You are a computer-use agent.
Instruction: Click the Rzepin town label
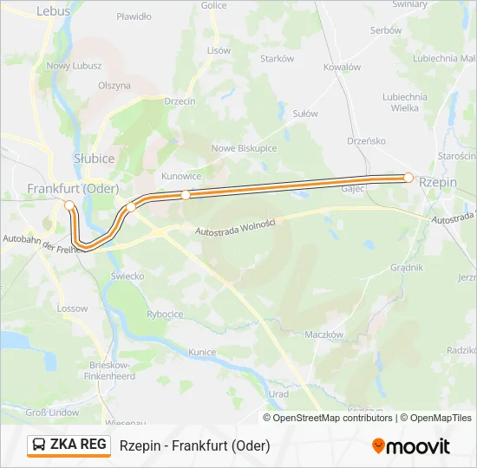(x=436, y=183)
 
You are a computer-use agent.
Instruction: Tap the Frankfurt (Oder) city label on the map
(x=73, y=188)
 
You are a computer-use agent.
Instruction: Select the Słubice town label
(x=94, y=159)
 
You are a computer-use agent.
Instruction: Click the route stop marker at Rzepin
(x=408, y=177)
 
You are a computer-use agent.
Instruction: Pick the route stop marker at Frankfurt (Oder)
(x=69, y=205)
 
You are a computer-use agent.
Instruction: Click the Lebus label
(x=53, y=11)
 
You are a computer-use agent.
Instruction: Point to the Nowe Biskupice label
(x=244, y=148)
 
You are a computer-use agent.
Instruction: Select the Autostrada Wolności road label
(x=235, y=228)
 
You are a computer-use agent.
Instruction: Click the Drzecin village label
(x=180, y=101)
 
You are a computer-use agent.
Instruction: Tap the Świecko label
(x=127, y=276)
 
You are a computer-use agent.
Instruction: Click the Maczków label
(x=325, y=335)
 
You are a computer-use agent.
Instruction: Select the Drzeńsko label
(x=366, y=140)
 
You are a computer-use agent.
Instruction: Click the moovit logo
(x=411, y=446)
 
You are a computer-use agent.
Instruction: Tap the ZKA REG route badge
(x=69, y=445)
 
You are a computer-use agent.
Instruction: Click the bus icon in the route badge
(x=39, y=445)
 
